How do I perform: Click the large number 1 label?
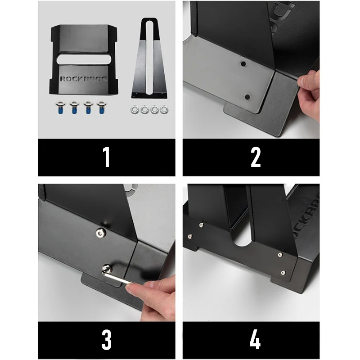point(106,157)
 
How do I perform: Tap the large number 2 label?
point(256,157)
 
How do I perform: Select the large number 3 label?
point(107,340)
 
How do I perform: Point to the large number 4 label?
point(255,340)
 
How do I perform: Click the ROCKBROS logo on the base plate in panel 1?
point(84,79)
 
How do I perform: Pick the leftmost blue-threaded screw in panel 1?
point(60,108)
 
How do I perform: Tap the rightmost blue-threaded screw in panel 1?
point(101,108)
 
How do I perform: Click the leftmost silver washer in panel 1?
point(135,110)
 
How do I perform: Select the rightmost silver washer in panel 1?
point(164,110)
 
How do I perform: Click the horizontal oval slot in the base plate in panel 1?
point(84,59)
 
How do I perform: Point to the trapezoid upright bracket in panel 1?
point(149,58)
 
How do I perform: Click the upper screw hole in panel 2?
point(243,63)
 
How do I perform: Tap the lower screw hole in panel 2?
point(247,97)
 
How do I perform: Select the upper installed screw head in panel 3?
point(100,234)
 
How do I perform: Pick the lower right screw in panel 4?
point(283,273)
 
